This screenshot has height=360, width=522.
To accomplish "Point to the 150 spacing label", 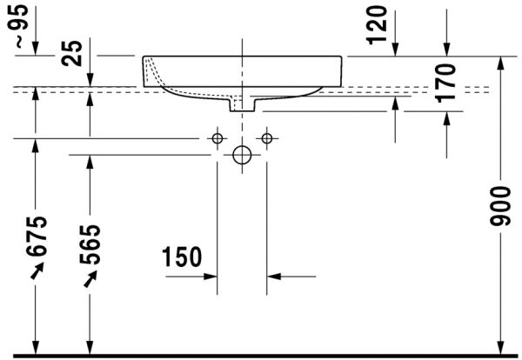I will tap(181, 258).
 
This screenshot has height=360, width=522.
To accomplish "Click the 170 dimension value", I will tap(446, 83).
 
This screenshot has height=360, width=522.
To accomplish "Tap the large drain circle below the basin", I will tap(242, 156).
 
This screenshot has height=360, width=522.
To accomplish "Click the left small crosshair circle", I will tap(217, 138).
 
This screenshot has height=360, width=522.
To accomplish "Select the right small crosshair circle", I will tap(267, 138).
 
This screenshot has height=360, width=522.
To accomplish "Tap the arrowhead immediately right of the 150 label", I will tap(211, 277).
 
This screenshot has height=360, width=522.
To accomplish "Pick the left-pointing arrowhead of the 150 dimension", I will tap(273, 277).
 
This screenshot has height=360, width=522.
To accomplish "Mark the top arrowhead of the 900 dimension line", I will tap(499, 63).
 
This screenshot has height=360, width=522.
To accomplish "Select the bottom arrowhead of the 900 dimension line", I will tap(499, 348).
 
